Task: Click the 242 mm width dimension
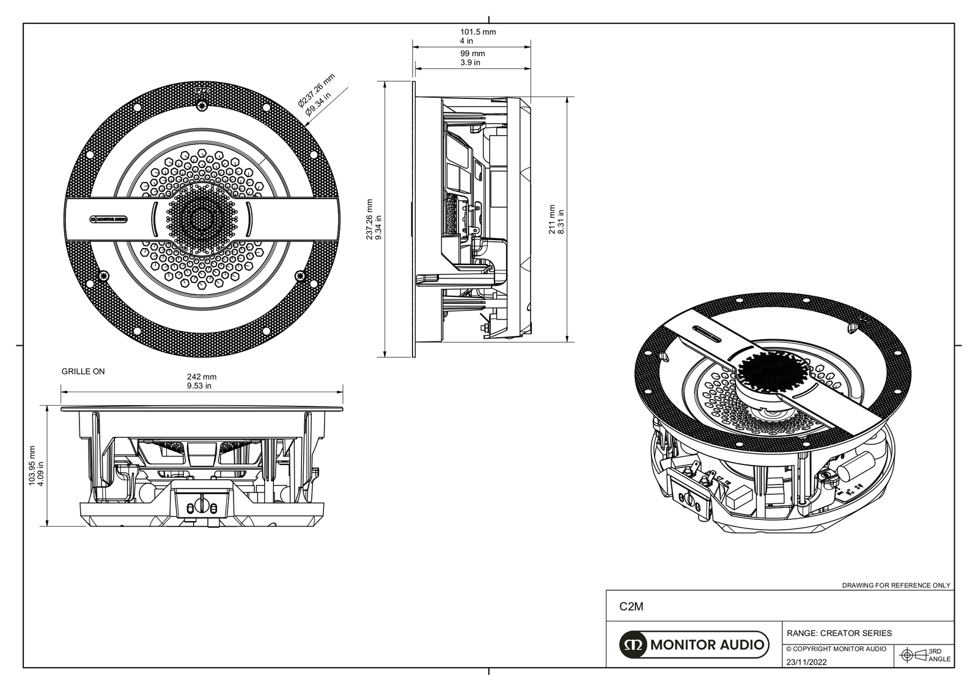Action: coord(201,377)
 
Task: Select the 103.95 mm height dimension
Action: coord(32,464)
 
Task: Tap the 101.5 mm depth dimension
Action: coord(477,32)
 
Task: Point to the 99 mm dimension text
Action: coord(472,54)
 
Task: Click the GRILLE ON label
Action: coord(83,371)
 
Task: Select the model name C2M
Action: coord(631,607)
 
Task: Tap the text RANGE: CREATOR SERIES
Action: coord(839,633)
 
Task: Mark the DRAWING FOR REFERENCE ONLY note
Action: coord(896,585)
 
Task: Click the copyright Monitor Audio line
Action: coord(836,649)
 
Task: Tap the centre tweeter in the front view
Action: coord(201,219)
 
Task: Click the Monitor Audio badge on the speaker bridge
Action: coord(109,219)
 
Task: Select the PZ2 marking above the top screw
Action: coord(201,90)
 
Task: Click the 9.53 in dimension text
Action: coord(199,386)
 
